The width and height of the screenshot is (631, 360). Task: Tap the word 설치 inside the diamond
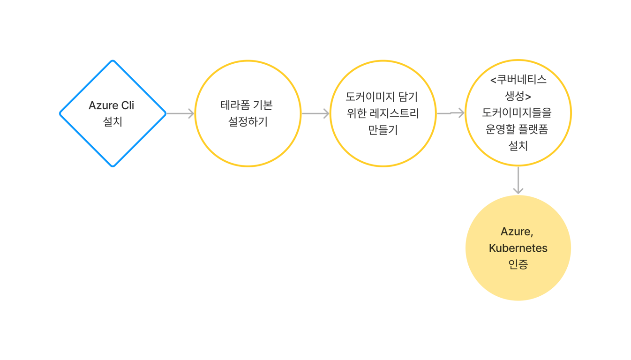click(x=113, y=121)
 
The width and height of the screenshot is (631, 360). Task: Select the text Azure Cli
click(x=112, y=105)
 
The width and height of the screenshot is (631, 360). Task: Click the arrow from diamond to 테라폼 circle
click(x=180, y=113)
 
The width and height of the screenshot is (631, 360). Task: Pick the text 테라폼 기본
click(x=247, y=105)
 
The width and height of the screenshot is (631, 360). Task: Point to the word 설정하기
click(x=248, y=121)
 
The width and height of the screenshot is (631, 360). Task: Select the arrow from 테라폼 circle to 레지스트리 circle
click(x=315, y=113)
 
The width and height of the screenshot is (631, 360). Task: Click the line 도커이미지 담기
click(x=382, y=97)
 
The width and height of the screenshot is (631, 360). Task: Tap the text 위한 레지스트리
click(x=383, y=113)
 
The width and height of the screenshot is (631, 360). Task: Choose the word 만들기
click(x=383, y=130)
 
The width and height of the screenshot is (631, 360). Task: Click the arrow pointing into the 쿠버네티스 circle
click(x=451, y=113)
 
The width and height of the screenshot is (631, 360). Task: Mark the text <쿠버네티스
click(x=518, y=80)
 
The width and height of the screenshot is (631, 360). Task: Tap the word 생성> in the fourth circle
click(x=518, y=96)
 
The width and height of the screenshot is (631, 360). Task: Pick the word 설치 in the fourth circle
click(x=518, y=145)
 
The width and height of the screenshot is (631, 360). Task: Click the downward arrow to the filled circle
click(x=518, y=180)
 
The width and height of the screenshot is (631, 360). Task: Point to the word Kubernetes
click(x=518, y=248)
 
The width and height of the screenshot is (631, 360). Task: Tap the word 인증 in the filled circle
click(x=518, y=264)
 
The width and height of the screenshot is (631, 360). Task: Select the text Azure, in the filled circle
click(x=517, y=232)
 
